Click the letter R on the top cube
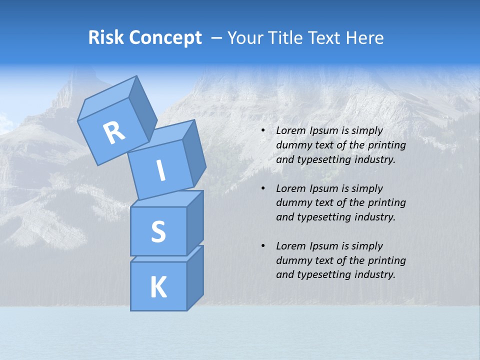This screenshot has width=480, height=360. tap(114, 133)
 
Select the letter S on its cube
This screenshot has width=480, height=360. tap(158, 232)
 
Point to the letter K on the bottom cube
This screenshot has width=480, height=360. tap(158, 287)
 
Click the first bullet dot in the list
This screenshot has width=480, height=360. tap(263, 131)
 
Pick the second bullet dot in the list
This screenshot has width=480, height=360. tap(263, 189)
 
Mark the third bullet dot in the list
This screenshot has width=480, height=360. tap(263, 246)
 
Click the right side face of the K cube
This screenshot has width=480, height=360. tap(195, 280)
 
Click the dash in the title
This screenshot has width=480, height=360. tap(216, 38)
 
